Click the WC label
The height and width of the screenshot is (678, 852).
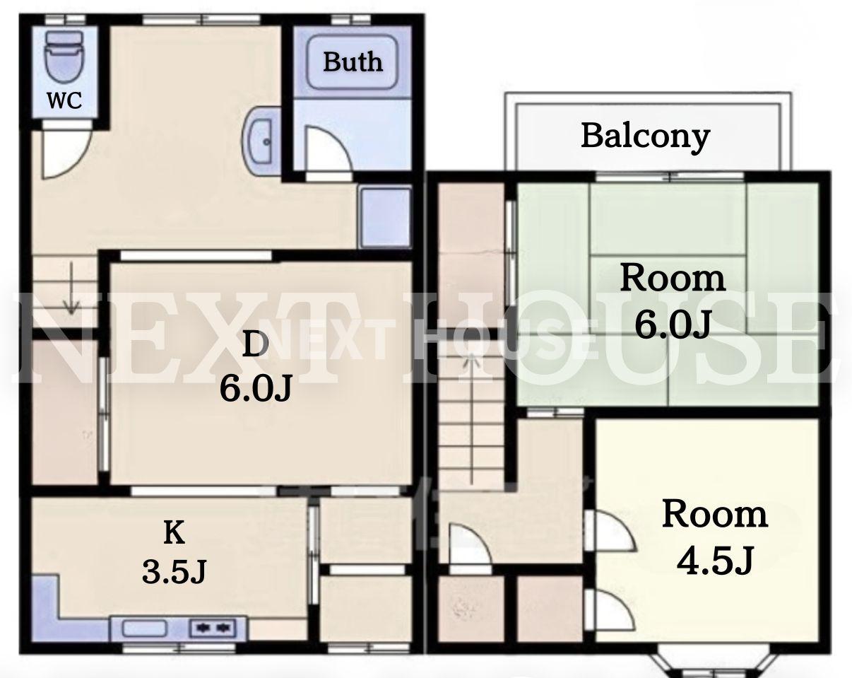click(64, 100)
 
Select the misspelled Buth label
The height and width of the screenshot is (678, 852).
click(353, 62)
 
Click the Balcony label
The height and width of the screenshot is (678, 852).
click(645, 136)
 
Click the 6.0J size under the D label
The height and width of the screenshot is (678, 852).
click(256, 387)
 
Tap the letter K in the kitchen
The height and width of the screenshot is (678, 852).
click(174, 533)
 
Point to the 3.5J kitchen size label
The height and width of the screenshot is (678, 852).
click(174, 571)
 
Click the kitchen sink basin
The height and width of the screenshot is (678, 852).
click(144, 629)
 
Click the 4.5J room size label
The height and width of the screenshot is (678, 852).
click(715, 561)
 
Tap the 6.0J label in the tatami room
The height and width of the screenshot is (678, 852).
click(673, 324)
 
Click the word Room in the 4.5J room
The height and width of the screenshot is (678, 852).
click(715, 514)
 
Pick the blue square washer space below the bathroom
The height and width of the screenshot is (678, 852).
click(386, 218)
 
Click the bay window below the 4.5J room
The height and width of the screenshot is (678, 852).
click(715, 664)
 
